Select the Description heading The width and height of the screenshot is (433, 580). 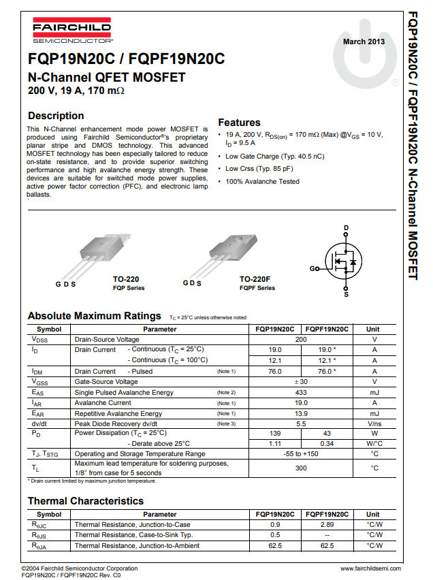pos(56,116)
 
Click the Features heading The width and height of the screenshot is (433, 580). pos(239,123)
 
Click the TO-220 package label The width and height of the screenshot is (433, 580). pos(127,279)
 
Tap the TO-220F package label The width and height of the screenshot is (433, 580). pos(255,279)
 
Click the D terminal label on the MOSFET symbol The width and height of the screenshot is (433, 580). pos(346,227)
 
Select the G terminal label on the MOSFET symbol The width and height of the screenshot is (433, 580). pos(312,269)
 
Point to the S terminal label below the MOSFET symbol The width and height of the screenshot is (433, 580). pos(346,295)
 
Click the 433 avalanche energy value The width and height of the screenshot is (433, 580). pos(301,393)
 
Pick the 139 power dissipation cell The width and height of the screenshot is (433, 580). pos(275,433)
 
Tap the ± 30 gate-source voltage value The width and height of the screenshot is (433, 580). pos(301,382)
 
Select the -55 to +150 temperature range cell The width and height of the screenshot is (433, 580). pos(301,453)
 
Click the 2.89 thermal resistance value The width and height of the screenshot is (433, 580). pos(327,525)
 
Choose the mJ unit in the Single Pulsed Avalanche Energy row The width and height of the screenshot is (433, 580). pos(374,393)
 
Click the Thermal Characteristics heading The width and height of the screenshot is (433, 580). pos(86,501)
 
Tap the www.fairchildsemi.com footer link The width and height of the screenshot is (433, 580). pos(370,568)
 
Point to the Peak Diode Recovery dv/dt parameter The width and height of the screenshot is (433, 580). pos(118,423)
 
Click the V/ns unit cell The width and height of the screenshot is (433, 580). pos(374,423)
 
